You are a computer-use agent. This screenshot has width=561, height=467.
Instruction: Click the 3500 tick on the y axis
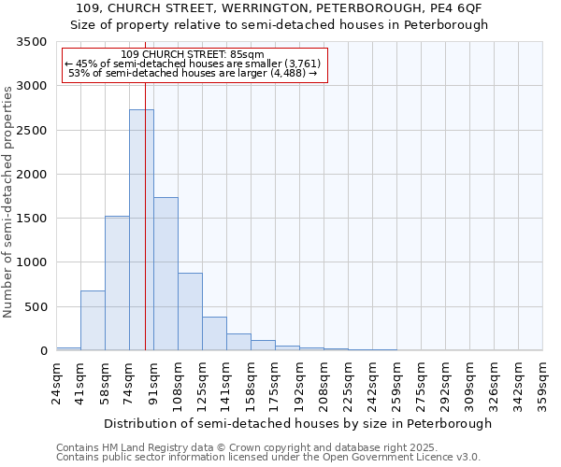32,43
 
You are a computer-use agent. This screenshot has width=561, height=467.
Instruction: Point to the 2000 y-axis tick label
32,175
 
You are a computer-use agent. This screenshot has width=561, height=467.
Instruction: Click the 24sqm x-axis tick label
57,383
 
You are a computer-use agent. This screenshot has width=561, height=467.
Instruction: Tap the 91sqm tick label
154,383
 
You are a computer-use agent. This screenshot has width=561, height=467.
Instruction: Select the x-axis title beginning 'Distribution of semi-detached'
297,423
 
